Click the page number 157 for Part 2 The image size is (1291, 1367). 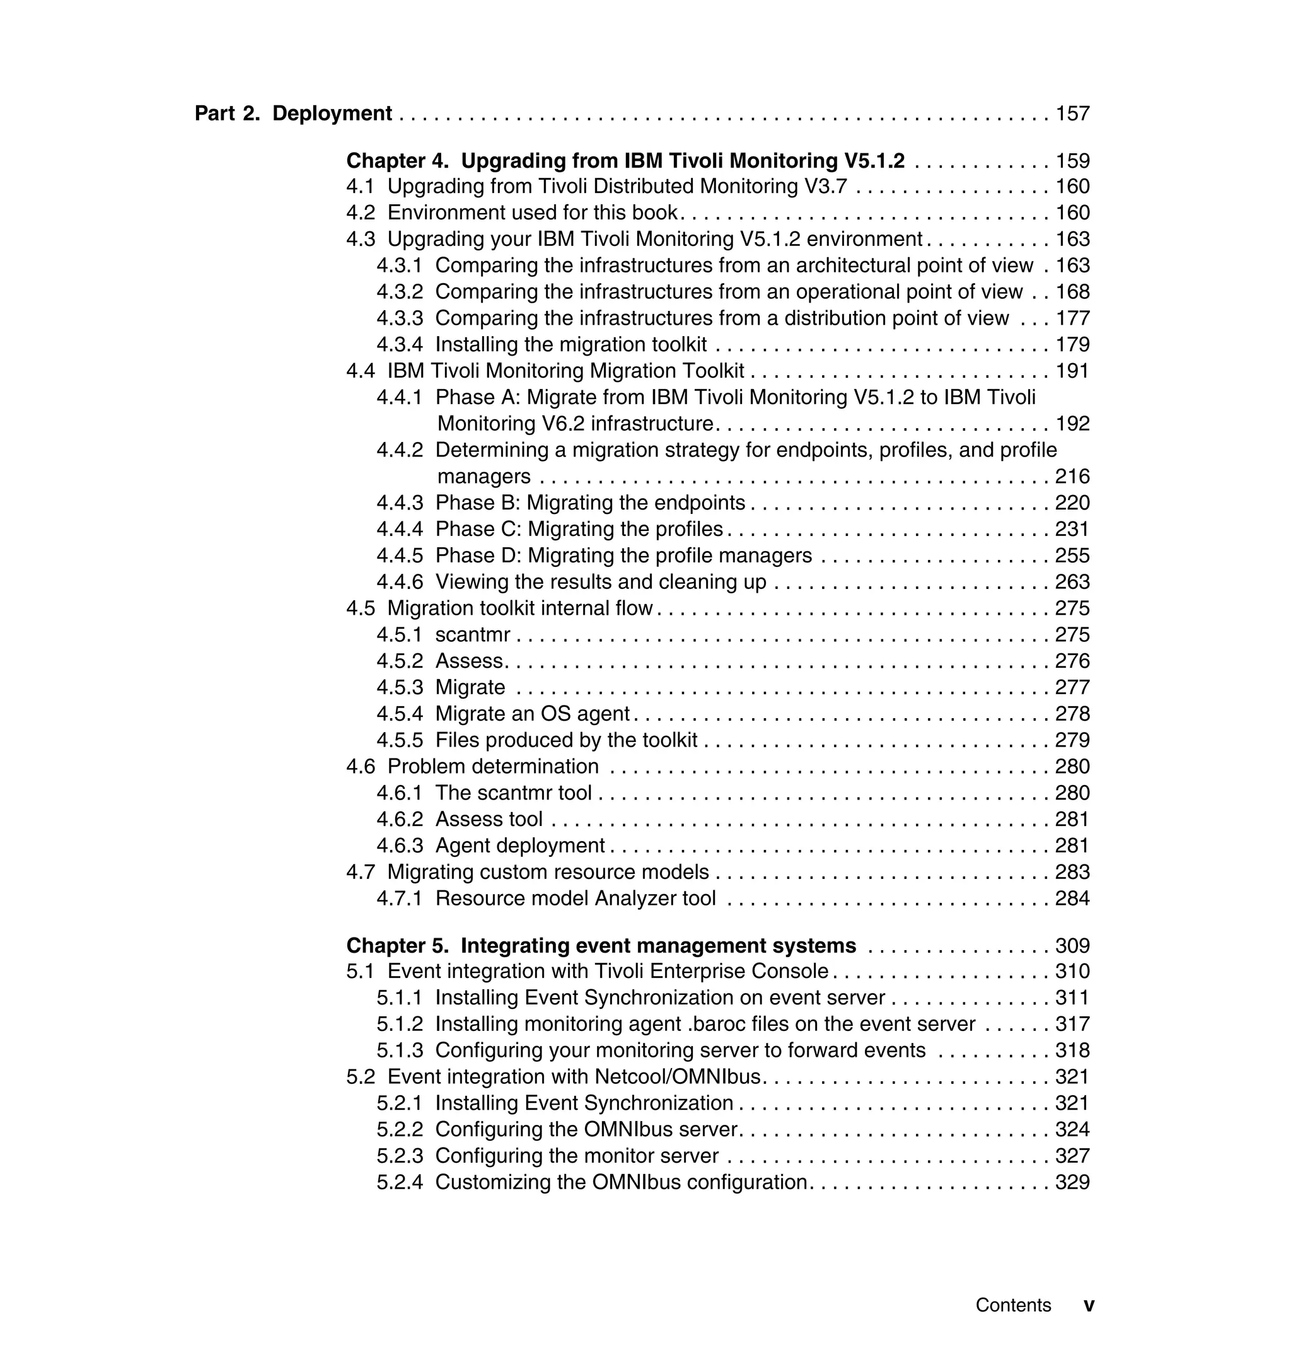1072,113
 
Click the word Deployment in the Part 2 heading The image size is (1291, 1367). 332,113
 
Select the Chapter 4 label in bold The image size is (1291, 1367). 397,160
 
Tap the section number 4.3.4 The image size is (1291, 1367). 399,344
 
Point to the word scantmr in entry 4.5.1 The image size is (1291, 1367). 473,634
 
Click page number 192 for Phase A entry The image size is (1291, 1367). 1072,423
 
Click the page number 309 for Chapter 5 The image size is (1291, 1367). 1072,946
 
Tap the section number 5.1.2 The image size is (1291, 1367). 399,1024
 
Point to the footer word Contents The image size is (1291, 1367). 1013,1305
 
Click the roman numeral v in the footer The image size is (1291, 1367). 1089,1305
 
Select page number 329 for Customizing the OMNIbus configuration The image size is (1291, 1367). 1072,1182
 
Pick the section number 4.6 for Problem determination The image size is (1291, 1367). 361,766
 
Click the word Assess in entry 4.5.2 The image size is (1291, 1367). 470,661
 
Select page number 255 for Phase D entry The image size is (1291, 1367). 1072,556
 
